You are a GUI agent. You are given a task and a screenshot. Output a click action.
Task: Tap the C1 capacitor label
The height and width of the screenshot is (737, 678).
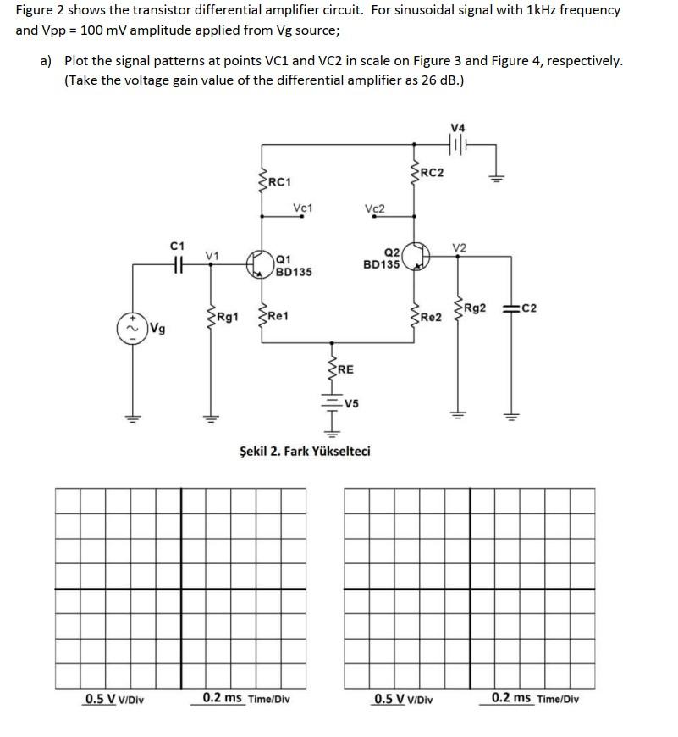tap(177, 247)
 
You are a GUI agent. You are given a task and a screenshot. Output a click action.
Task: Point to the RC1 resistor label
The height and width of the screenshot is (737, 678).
tap(278, 182)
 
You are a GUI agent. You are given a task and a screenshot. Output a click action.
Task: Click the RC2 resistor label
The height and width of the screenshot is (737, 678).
tap(432, 174)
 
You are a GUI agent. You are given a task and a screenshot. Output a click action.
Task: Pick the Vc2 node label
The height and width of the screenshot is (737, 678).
tap(374, 208)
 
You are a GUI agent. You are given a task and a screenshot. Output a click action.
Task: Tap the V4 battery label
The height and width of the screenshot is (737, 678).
tap(458, 128)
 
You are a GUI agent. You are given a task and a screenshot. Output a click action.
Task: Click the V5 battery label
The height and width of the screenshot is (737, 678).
tap(351, 403)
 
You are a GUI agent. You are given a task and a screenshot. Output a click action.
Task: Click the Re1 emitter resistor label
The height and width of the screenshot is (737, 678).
tap(278, 315)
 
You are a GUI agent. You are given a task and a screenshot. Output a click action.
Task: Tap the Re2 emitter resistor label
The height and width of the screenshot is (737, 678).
tap(431, 317)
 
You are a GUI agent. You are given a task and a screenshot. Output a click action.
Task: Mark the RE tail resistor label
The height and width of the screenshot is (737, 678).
tap(345, 369)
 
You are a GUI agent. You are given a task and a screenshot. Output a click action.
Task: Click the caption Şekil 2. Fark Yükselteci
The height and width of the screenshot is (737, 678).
tap(305, 450)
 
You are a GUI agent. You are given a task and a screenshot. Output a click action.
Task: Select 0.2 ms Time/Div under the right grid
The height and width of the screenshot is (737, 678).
tap(535, 699)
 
